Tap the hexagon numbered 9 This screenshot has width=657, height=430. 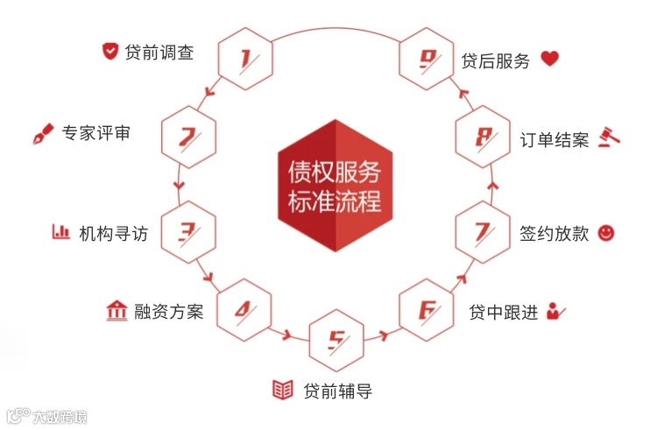click(427, 60)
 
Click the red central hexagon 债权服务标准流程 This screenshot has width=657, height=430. click(335, 185)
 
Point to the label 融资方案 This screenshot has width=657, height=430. click(168, 311)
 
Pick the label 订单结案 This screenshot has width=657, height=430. click(555, 140)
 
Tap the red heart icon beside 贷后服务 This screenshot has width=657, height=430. click(549, 60)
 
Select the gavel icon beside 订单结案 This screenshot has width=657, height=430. click(610, 137)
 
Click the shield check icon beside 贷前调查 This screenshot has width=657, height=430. click(109, 52)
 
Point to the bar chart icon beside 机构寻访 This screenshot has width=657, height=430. click(61, 232)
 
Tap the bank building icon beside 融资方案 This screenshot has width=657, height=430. click(115, 310)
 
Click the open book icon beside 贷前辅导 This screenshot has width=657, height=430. click(282, 390)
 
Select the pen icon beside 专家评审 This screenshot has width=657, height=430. click(41, 134)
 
